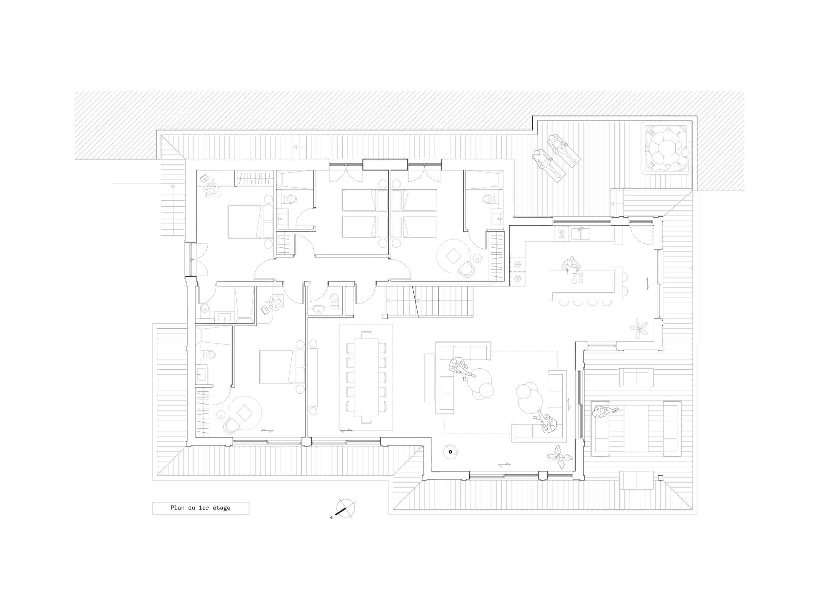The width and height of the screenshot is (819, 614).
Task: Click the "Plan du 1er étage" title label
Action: [200, 508]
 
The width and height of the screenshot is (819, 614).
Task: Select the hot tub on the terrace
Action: [666, 148]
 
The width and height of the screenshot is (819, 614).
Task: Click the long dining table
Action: [366, 377]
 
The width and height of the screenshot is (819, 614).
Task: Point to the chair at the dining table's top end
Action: [366, 335]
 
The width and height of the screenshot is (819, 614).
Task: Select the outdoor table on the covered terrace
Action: [636, 428]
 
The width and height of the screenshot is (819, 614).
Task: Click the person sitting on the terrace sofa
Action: [603, 412]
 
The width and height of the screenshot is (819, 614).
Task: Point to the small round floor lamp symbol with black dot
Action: [450, 452]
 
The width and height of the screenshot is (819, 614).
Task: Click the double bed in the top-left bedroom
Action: [250, 221]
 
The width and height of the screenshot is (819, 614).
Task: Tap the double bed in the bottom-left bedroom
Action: [282, 367]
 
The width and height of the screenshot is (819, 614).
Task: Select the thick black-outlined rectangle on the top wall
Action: [385, 164]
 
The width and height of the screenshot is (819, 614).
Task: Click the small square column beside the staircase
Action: [385, 316]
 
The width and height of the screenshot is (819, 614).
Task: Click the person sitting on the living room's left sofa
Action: [461, 368]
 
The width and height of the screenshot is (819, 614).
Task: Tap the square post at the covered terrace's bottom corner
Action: [660, 478]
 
